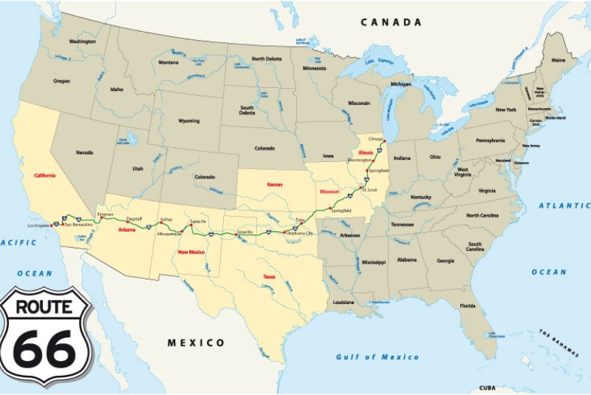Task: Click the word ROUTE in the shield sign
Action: coord(45,305)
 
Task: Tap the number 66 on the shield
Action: coord(46,347)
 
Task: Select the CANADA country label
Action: coord(391,23)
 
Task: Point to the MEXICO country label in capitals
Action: coord(196,342)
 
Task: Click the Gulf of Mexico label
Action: coord(378,357)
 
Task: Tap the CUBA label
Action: coord(487,388)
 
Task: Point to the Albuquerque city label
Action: coord(169,233)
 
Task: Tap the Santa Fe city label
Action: coord(197,221)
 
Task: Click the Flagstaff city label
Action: coord(134,218)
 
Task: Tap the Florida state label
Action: coord(467,305)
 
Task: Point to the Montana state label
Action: coord(168,62)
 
